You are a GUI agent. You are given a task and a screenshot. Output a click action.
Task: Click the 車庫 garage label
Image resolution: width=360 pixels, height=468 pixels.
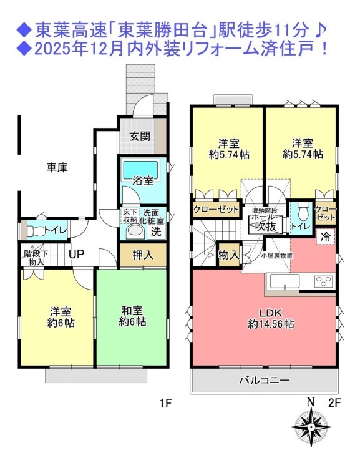(57, 167)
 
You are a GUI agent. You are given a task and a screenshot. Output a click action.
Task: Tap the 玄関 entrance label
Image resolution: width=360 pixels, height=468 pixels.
(139, 137)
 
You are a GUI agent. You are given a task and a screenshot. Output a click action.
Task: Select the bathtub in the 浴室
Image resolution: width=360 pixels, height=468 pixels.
(140, 170)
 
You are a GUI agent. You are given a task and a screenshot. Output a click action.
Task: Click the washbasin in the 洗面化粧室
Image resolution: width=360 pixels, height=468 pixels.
(135, 232)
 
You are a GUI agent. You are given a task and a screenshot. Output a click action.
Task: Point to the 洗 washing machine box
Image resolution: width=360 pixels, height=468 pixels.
(156, 232)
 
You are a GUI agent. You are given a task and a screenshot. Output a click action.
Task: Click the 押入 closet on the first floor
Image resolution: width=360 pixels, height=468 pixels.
(143, 255)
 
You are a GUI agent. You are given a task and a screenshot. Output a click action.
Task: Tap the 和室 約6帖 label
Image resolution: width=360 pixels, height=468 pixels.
(132, 316)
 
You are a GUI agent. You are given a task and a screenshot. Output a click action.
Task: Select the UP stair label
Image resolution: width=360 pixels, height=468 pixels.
(76, 254)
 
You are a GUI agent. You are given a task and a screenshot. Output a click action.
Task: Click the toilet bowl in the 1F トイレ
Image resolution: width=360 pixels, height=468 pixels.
(35, 230)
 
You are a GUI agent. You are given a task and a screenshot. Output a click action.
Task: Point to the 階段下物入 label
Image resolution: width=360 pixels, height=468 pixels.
(36, 258)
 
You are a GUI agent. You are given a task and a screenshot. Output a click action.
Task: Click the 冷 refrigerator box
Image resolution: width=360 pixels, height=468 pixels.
(326, 237)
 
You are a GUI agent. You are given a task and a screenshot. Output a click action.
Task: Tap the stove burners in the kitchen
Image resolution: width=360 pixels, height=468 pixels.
(323, 281)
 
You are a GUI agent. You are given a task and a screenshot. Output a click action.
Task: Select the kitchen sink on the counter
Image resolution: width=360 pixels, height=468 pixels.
(285, 281)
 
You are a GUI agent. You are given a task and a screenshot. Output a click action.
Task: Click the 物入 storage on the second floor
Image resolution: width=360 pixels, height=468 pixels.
(228, 255)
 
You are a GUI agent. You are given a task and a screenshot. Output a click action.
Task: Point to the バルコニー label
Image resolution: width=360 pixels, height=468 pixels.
(265, 380)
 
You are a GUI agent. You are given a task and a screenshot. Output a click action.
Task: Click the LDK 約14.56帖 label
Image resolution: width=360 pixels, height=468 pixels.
(271, 318)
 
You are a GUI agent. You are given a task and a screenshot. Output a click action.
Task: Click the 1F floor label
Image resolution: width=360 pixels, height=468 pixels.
(166, 404)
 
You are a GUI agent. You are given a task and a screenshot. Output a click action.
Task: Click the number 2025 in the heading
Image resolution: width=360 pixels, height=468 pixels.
(49, 49)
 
